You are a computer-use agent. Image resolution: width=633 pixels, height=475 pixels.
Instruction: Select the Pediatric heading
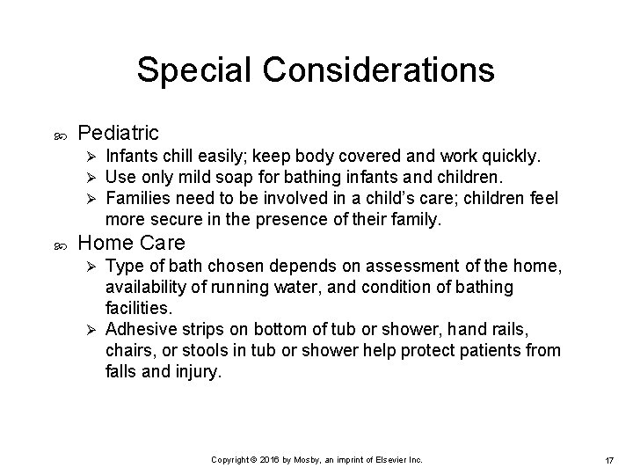click(x=119, y=133)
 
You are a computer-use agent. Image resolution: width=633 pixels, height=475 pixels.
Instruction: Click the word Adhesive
click(x=136, y=330)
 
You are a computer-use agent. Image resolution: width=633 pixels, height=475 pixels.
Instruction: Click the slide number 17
click(x=608, y=460)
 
